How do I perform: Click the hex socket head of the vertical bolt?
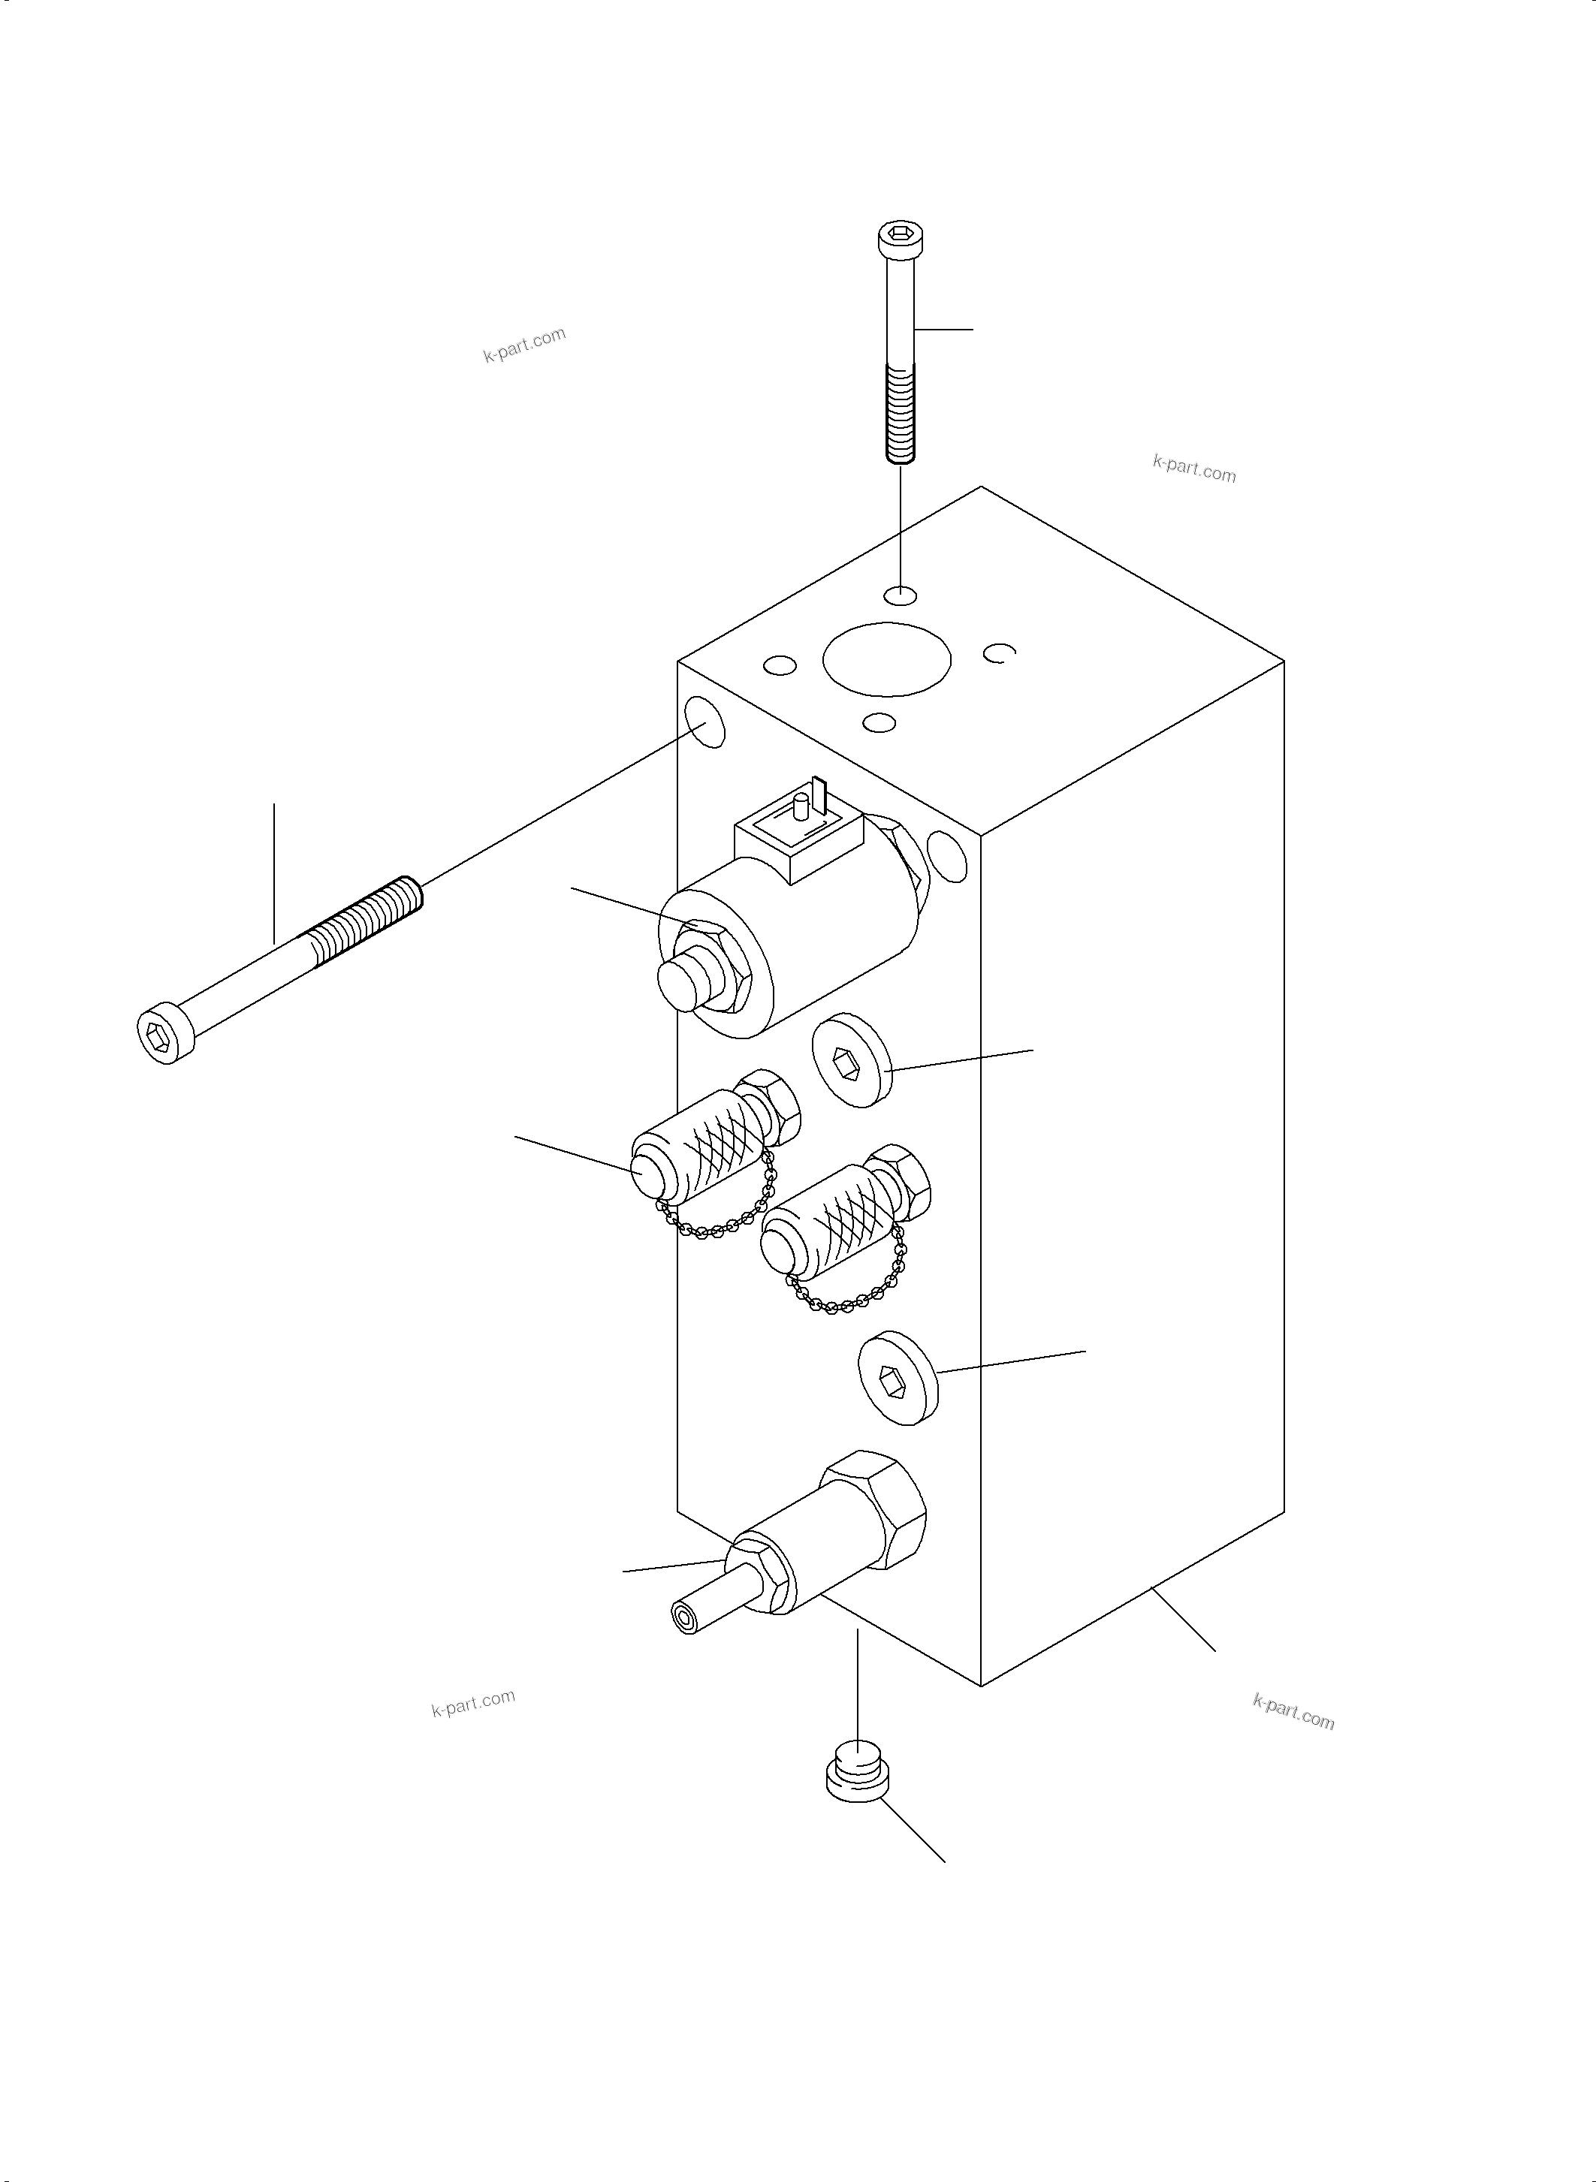[898, 236]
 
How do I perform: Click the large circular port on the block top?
[886, 659]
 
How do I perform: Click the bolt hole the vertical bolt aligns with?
[901, 594]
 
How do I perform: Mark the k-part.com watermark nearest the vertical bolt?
[1194, 470]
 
